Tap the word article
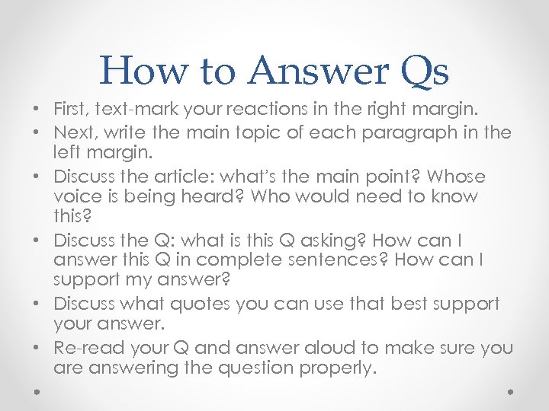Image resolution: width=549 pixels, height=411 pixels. click(x=175, y=177)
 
